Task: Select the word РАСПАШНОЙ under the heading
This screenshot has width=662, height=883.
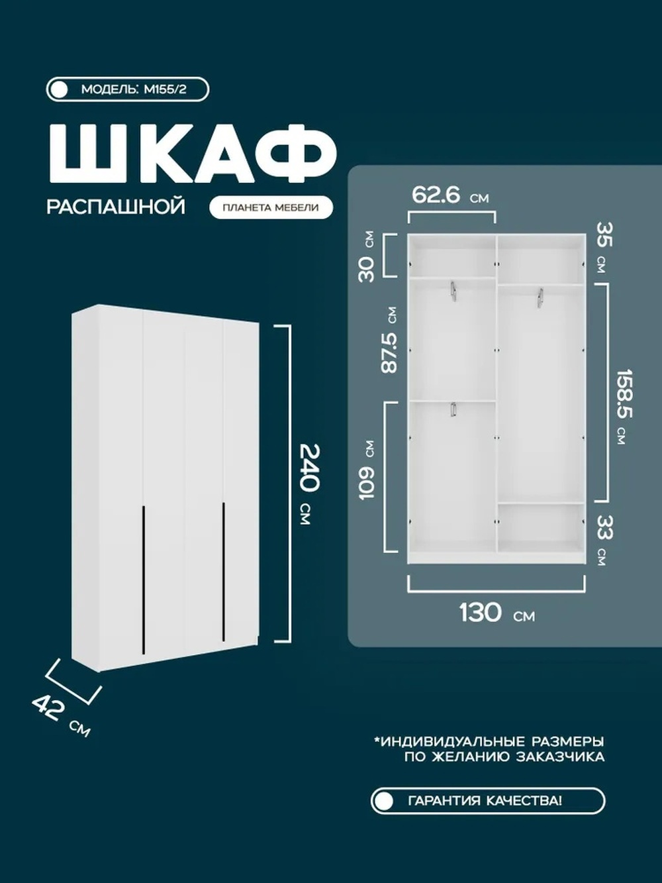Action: tap(116, 207)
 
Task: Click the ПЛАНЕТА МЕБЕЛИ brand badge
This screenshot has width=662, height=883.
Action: tap(271, 207)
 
